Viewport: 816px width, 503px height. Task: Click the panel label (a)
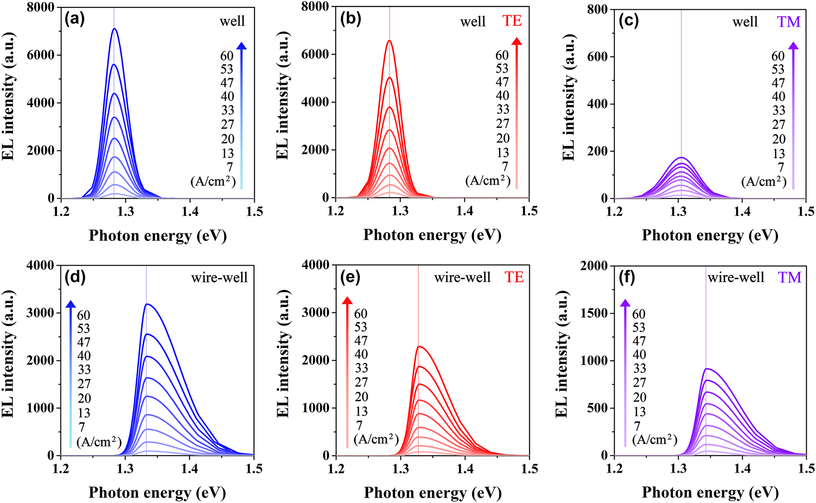75,20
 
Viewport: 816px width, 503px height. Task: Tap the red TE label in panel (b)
512,21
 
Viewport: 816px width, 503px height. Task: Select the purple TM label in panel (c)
789,21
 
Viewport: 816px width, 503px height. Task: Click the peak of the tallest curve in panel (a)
114,28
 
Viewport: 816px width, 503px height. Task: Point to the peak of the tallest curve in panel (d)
147,304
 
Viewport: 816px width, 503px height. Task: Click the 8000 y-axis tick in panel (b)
315,7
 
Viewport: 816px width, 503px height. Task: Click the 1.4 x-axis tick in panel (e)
465,469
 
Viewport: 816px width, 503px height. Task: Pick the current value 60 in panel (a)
227,56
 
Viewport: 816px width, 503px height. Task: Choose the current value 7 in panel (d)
82,427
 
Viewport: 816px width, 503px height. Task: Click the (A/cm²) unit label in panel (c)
763,181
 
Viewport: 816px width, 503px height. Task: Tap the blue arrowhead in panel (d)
70,304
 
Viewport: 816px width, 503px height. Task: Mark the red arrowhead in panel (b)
516,41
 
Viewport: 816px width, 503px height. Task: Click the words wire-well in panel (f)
736,278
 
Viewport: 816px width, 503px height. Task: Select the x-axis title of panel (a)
158,236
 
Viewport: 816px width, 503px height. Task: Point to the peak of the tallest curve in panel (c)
681,158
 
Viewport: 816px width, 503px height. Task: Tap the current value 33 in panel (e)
361,368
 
